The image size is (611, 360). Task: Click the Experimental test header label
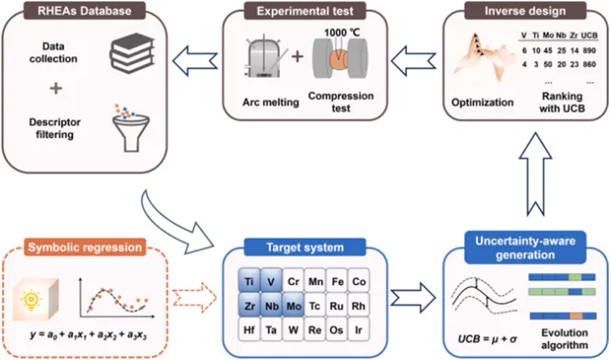pos(304,11)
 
